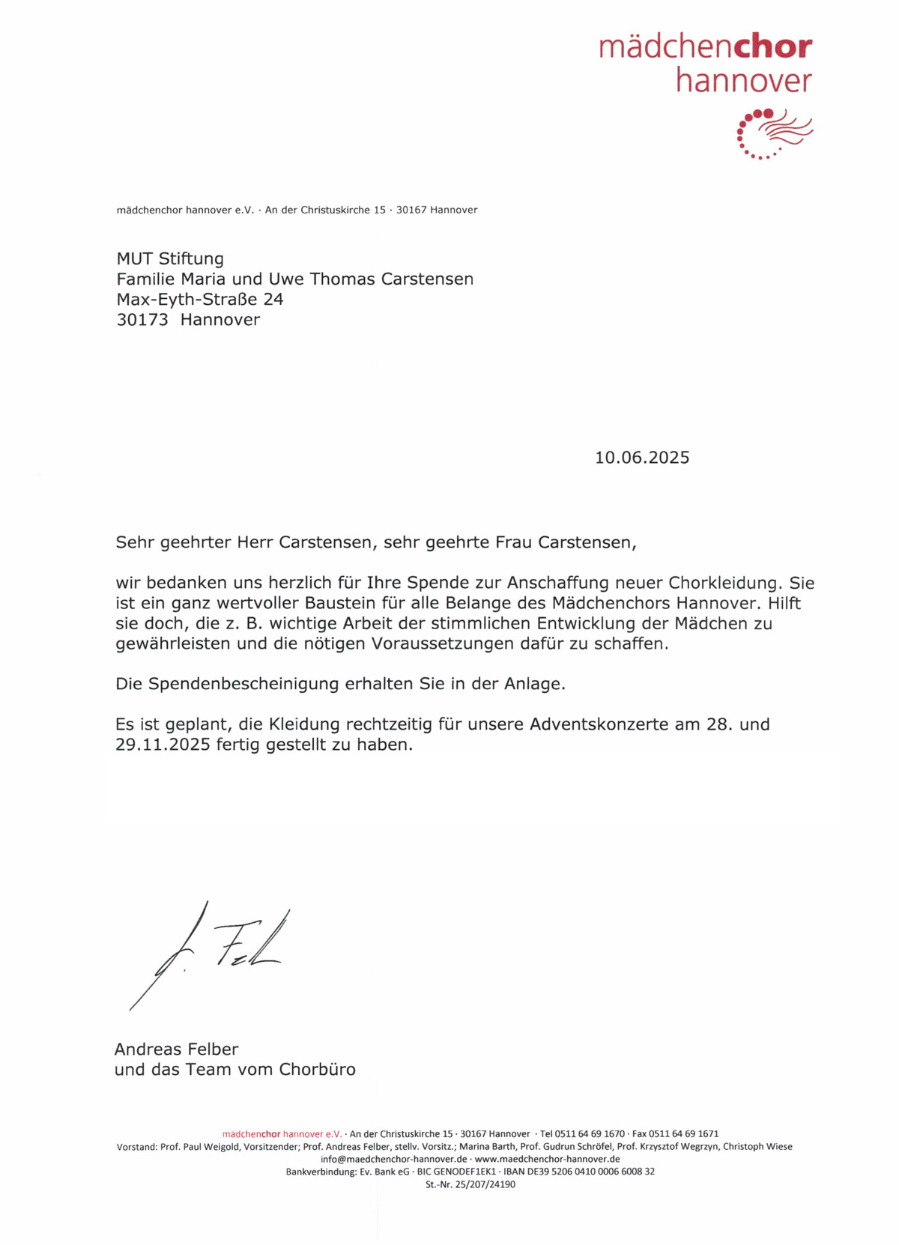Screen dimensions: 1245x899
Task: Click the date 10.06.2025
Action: [x=642, y=458]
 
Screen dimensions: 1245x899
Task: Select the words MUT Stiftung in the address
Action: [x=170, y=258]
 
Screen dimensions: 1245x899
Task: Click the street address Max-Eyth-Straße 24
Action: [x=199, y=300]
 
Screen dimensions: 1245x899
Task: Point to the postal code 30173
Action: [x=142, y=320]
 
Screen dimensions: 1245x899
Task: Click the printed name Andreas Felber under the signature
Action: [x=176, y=1049]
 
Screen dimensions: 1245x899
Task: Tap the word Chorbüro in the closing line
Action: [x=317, y=1069]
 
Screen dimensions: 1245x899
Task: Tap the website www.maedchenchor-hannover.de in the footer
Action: [x=548, y=1159]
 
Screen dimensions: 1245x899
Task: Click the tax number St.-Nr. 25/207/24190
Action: [x=470, y=1184]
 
